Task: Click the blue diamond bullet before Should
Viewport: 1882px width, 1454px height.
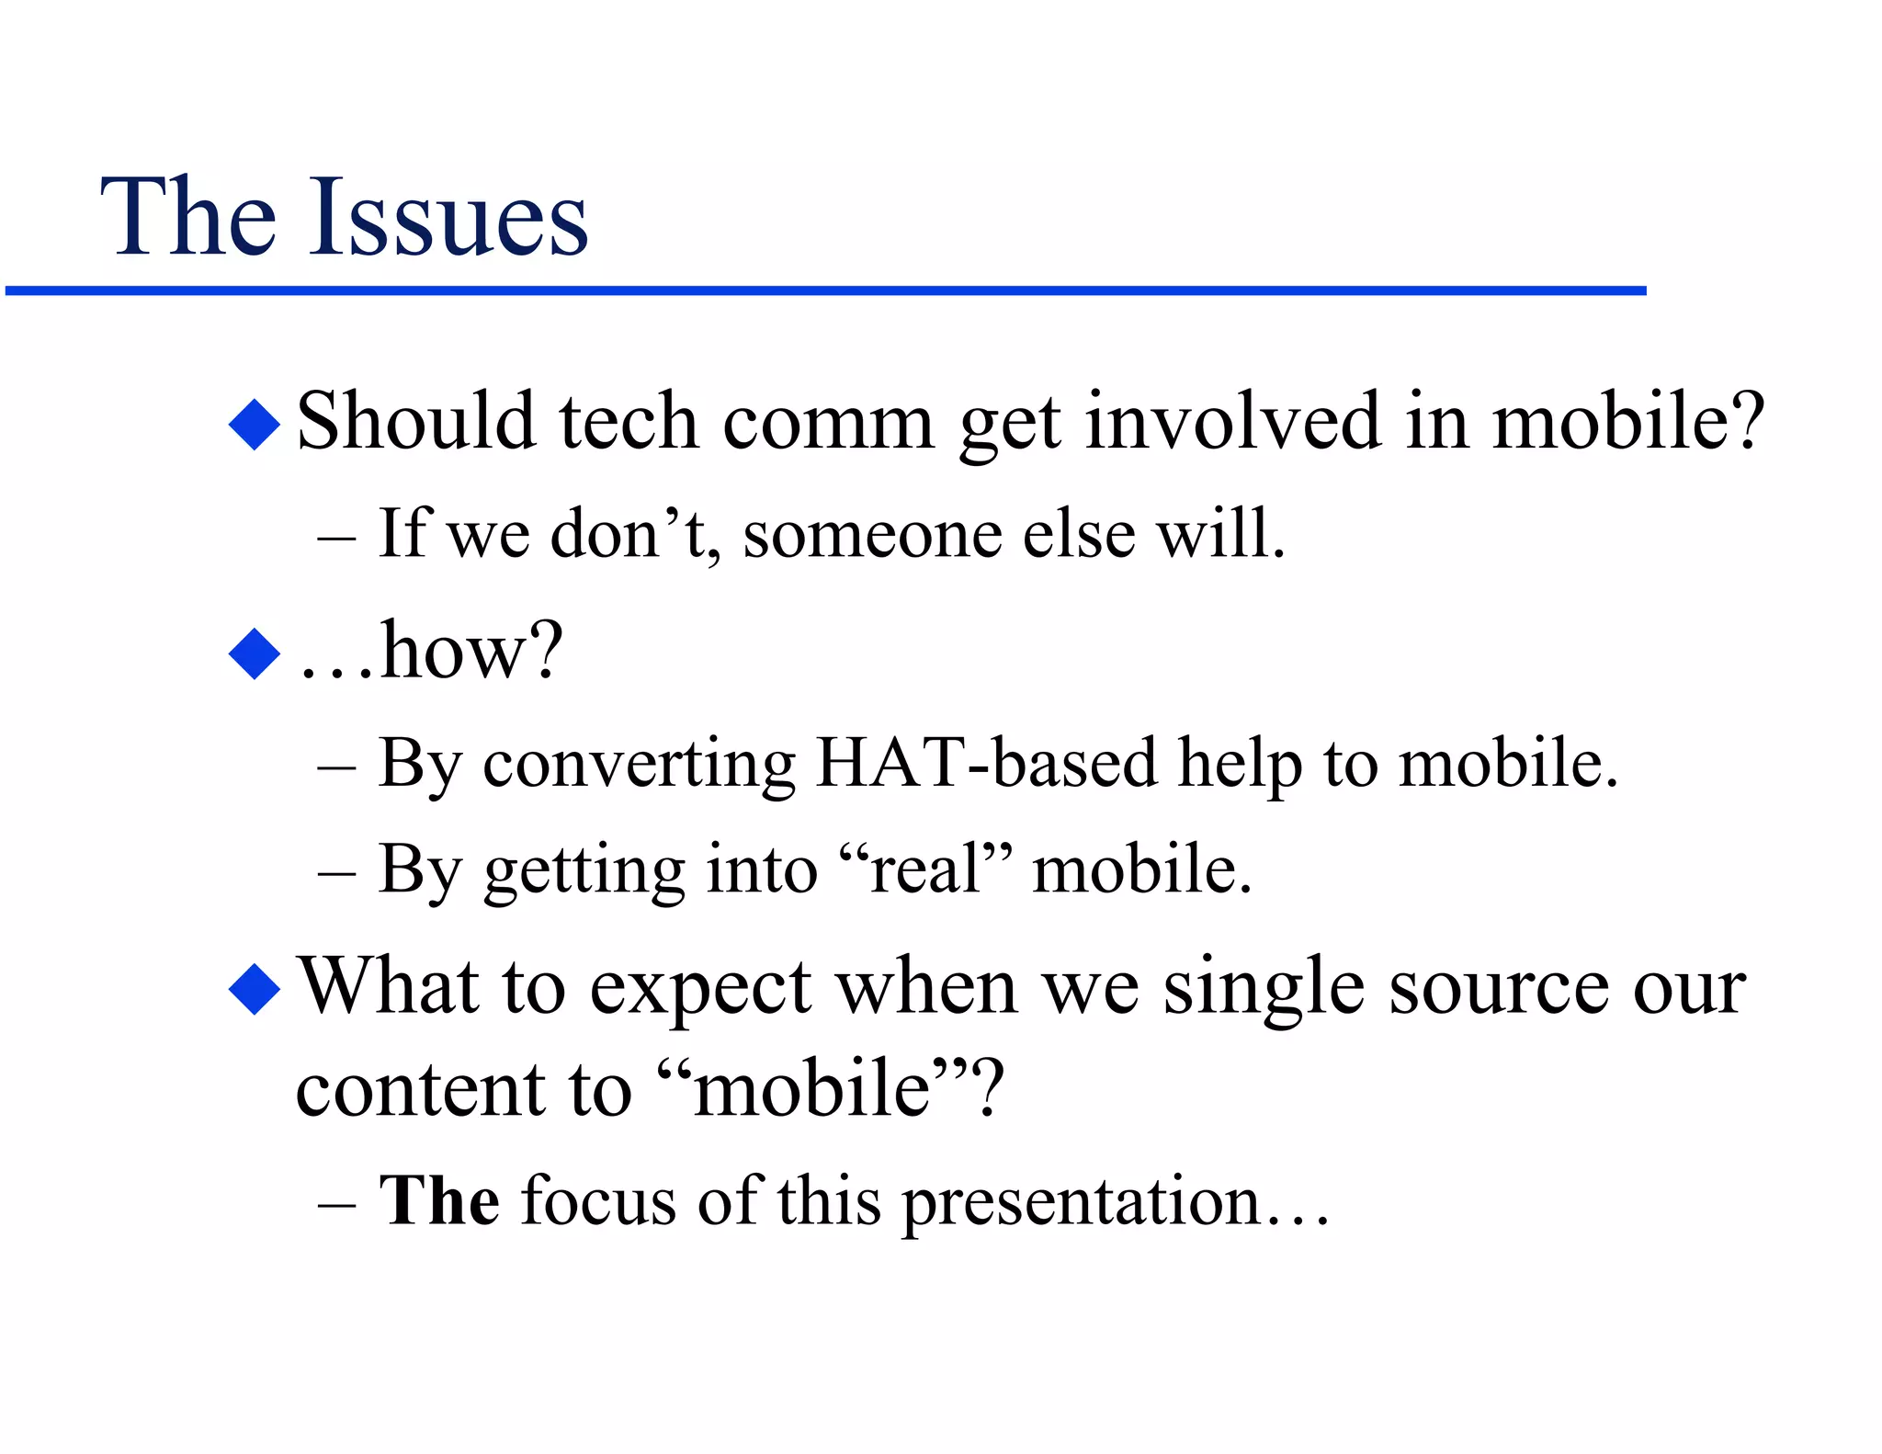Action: pyautogui.click(x=254, y=425)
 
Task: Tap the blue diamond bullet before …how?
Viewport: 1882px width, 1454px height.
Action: pyautogui.click(x=254, y=653)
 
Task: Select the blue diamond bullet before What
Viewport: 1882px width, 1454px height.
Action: pyautogui.click(x=254, y=989)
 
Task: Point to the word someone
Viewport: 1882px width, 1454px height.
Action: pyautogui.click(x=872, y=534)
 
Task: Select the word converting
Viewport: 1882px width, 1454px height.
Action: pyautogui.click(x=639, y=766)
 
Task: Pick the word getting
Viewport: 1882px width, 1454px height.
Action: pyautogui.click(x=584, y=871)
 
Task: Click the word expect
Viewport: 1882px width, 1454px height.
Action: pyautogui.click(x=700, y=989)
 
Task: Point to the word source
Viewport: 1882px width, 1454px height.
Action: pyautogui.click(x=1498, y=989)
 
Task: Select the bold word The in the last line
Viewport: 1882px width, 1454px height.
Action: pyautogui.click(x=439, y=1200)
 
